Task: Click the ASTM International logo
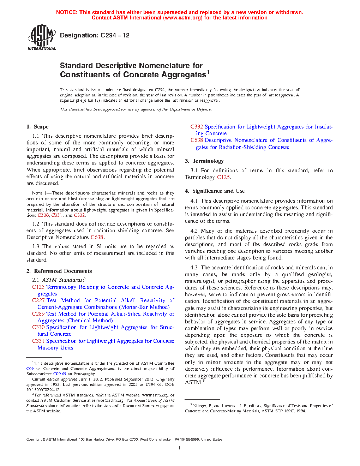click(x=41, y=37)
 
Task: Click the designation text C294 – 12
click(x=95, y=35)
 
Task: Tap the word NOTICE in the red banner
click(x=67, y=12)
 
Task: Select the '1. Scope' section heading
click(x=37, y=127)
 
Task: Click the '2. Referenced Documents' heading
click(x=59, y=271)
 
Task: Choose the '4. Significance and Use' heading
click(x=215, y=191)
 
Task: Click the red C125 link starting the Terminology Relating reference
click(x=38, y=287)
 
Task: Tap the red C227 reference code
click(x=38, y=300)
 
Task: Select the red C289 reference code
click(x=38, y=314)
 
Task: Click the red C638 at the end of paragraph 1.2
click(x=97, y=237)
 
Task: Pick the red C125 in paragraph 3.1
click(x=223, y=177)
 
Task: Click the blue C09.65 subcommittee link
click(x=59, y=374)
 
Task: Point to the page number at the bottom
click(x=180, y=448)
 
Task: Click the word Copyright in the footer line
click(x=34, y=440)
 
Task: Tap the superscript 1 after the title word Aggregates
click(x=208, y=72)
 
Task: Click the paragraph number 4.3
click(x=194, y=268)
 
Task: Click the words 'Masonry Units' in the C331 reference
click(x=55, y=348)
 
